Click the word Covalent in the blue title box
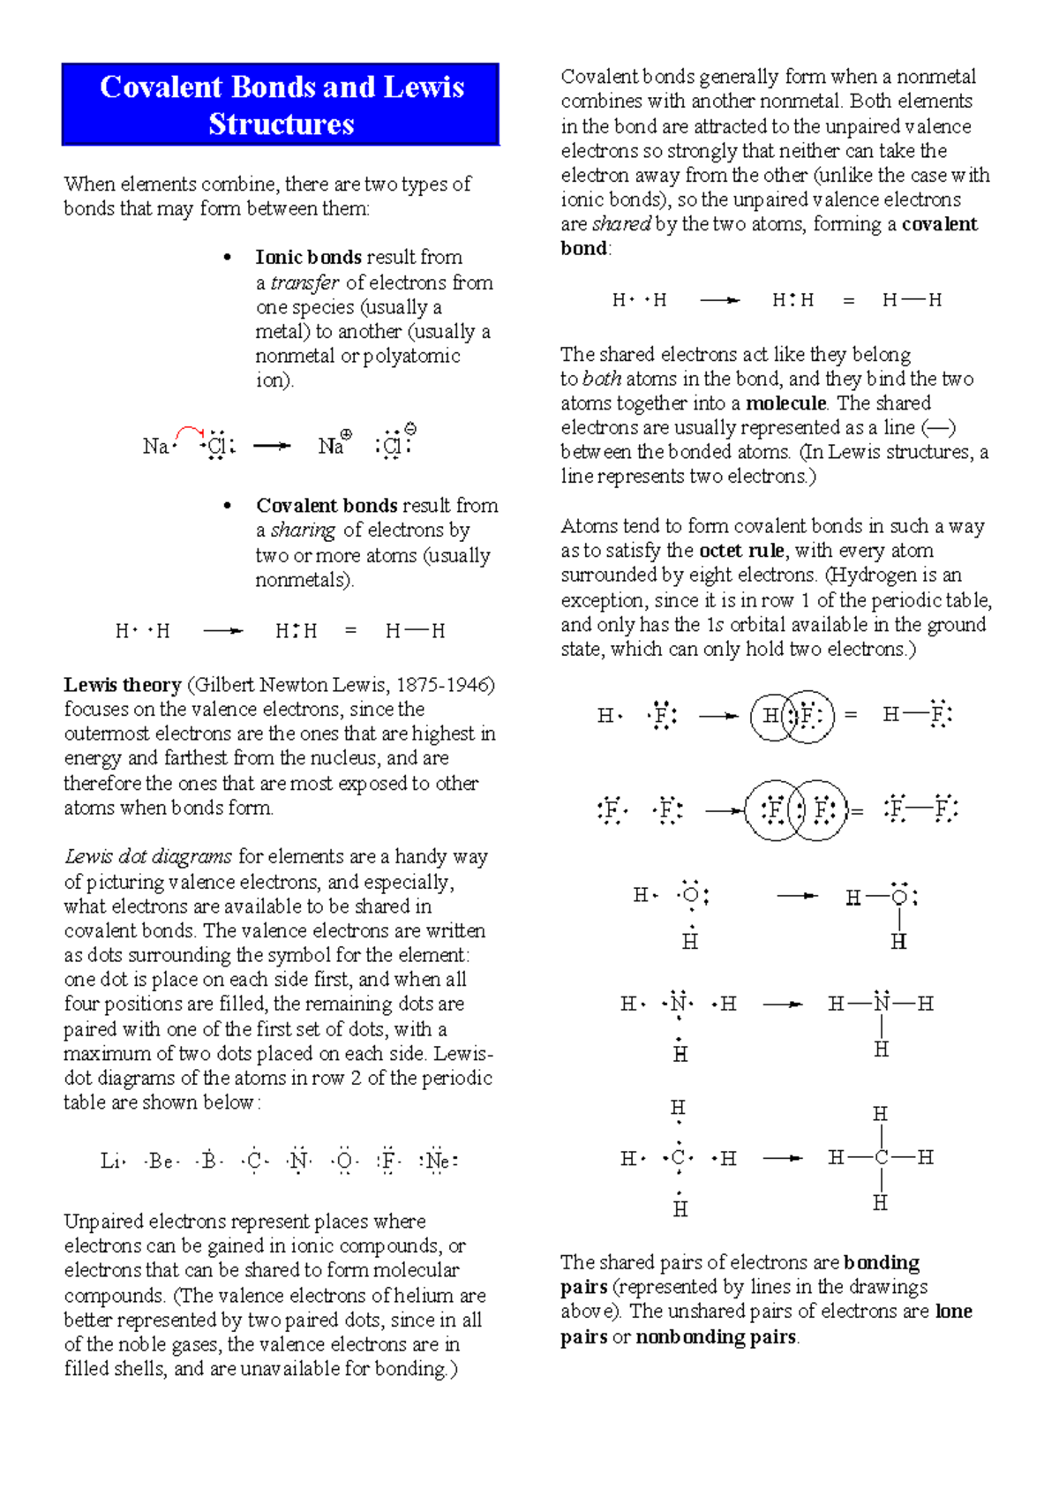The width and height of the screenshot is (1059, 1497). tap(161, 87)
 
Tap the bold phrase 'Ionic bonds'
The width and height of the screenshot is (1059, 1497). tap(308, 257)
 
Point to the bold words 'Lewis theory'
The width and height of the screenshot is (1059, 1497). tap(122, 685)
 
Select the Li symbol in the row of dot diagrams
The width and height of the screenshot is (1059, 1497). tap(109, 1161)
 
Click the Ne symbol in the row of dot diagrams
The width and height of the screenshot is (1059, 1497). tap(438, 1161)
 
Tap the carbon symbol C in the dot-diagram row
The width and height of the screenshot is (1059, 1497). tap(254, 1161)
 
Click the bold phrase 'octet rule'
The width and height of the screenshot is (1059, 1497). tap(741, 551)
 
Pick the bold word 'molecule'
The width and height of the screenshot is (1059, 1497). tap(785, 403)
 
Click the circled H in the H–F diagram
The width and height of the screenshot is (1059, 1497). tap(770, 716)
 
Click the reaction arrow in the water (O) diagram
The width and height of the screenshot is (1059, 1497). tap(797, 896)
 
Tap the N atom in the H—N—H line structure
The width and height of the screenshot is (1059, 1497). tap(882, 1004)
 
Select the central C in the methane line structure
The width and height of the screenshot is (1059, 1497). tap(881, 1157)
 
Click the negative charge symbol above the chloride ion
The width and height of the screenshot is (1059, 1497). tap(410, 429)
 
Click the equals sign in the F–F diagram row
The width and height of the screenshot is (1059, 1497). tap(856, 810)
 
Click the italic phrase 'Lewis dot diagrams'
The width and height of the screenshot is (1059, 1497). tap(148, 856)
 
